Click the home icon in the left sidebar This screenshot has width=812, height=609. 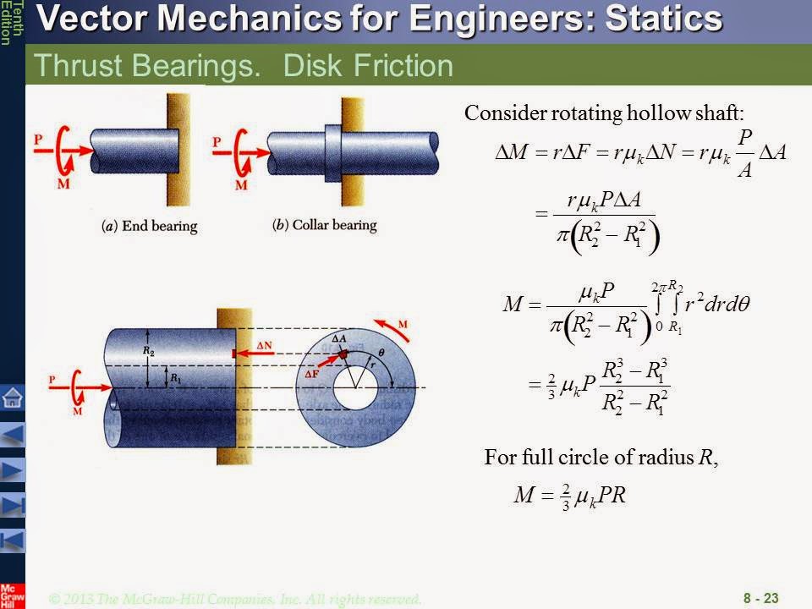tap(13, 397)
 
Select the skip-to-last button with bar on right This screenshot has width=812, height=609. tap(13, 505)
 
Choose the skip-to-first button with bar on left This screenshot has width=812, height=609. tap(13, 540)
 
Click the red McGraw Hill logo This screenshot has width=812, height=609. tap(12, 595)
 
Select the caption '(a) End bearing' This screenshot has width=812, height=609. tap(149, 227)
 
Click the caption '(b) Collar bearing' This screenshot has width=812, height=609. tap(325, 227)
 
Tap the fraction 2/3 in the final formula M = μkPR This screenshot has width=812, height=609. tap(566, 497)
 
